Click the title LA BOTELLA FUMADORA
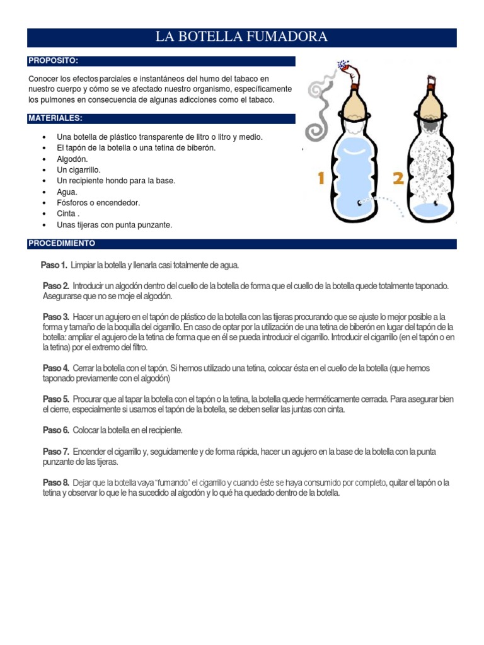242,37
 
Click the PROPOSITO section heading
53,61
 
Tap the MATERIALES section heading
55,118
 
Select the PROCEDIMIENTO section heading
62,243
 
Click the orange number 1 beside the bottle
321,179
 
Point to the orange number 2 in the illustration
398,179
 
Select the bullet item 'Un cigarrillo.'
79,170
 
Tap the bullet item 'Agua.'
67,192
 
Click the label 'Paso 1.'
54,265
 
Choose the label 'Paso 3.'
56,317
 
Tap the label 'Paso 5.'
56,399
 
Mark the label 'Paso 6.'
56,430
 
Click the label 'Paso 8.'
56,483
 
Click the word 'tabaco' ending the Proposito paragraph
262,100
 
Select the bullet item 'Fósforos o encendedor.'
98,203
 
